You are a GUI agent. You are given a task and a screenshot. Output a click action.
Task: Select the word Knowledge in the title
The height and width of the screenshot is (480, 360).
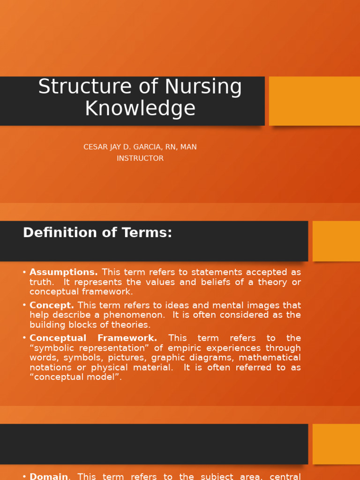click(140, 108)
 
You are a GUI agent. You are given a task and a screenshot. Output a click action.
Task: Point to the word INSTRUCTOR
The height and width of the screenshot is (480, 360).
click(140, 158)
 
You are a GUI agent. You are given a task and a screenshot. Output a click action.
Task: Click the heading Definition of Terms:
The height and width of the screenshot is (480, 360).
click(97, 232)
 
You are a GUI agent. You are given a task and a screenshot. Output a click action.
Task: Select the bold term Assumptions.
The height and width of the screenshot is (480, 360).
click(64, 272)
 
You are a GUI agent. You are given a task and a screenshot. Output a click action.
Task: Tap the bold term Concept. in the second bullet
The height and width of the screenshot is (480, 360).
click(52, 305)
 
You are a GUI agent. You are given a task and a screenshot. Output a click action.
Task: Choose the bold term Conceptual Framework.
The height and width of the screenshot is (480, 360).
click(93, 338)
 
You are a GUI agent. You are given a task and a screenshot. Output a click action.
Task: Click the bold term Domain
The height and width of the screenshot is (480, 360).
click(49, 476)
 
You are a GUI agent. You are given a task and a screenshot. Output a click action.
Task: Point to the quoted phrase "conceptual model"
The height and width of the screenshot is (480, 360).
click(75, 377)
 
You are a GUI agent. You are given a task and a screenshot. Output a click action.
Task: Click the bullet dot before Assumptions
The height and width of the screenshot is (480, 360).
click(24, 272)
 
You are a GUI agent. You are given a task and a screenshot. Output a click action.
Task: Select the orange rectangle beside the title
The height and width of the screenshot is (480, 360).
click(315, 101)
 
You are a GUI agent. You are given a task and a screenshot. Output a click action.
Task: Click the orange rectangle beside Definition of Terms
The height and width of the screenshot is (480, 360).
click(336, 241)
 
